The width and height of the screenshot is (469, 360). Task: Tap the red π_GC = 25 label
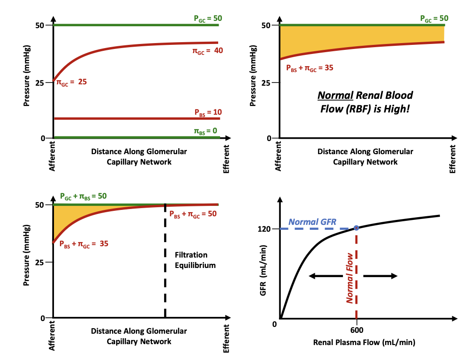[x=71, y=83]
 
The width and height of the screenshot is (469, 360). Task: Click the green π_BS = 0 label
[x=206, y=131]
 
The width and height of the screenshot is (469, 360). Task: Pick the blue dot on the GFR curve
[x=357, y=228]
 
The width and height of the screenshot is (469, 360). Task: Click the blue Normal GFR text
[x=313, y=222]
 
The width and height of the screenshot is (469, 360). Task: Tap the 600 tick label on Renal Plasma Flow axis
[x=357, y=331]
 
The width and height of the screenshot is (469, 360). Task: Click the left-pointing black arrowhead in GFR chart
[x=311, y=276]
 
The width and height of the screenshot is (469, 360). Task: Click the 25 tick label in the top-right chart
[x=264, y=83]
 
